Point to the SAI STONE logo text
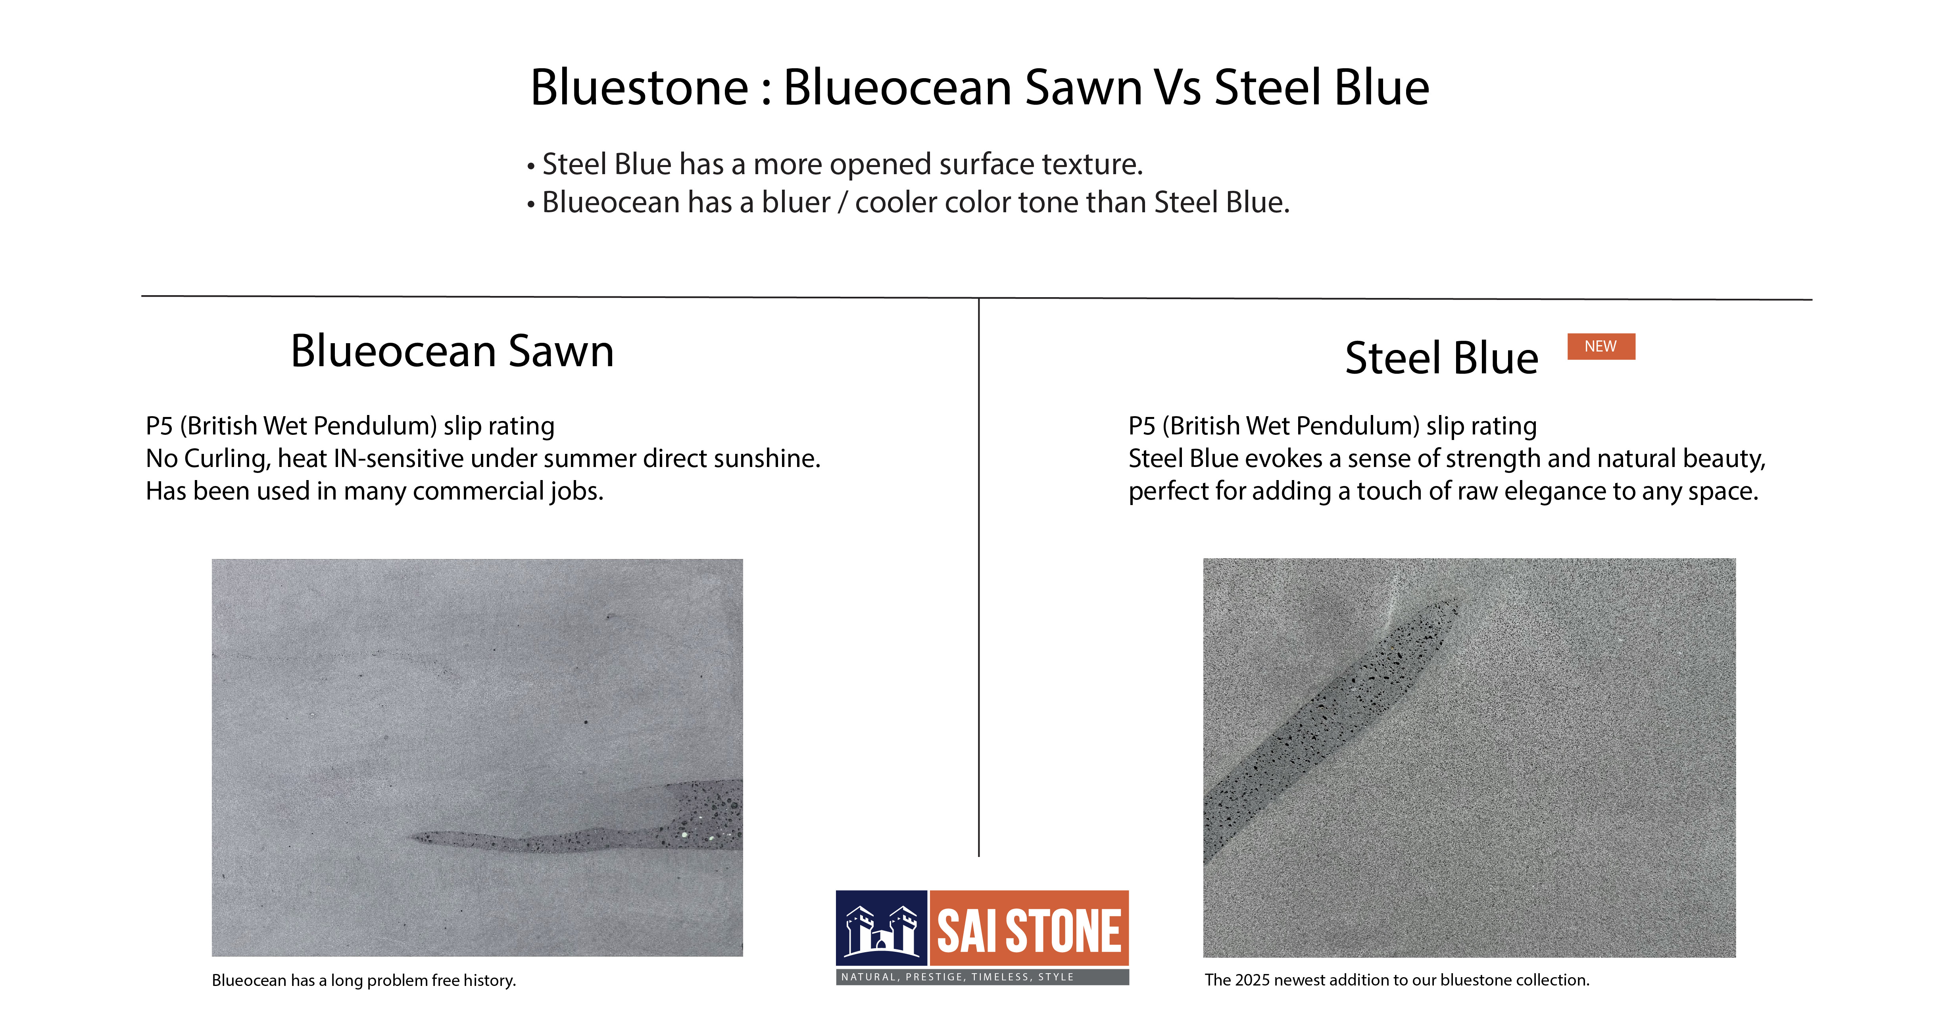pos(1029,931)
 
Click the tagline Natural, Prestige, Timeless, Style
pos(957,977)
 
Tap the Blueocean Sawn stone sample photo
pos(477,757)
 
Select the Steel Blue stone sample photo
pos(1469,757)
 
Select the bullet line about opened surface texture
pos(835,164)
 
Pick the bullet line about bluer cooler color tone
pos(908,202)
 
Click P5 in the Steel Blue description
pos(1141,426)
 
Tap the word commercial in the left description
pos(478,492)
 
